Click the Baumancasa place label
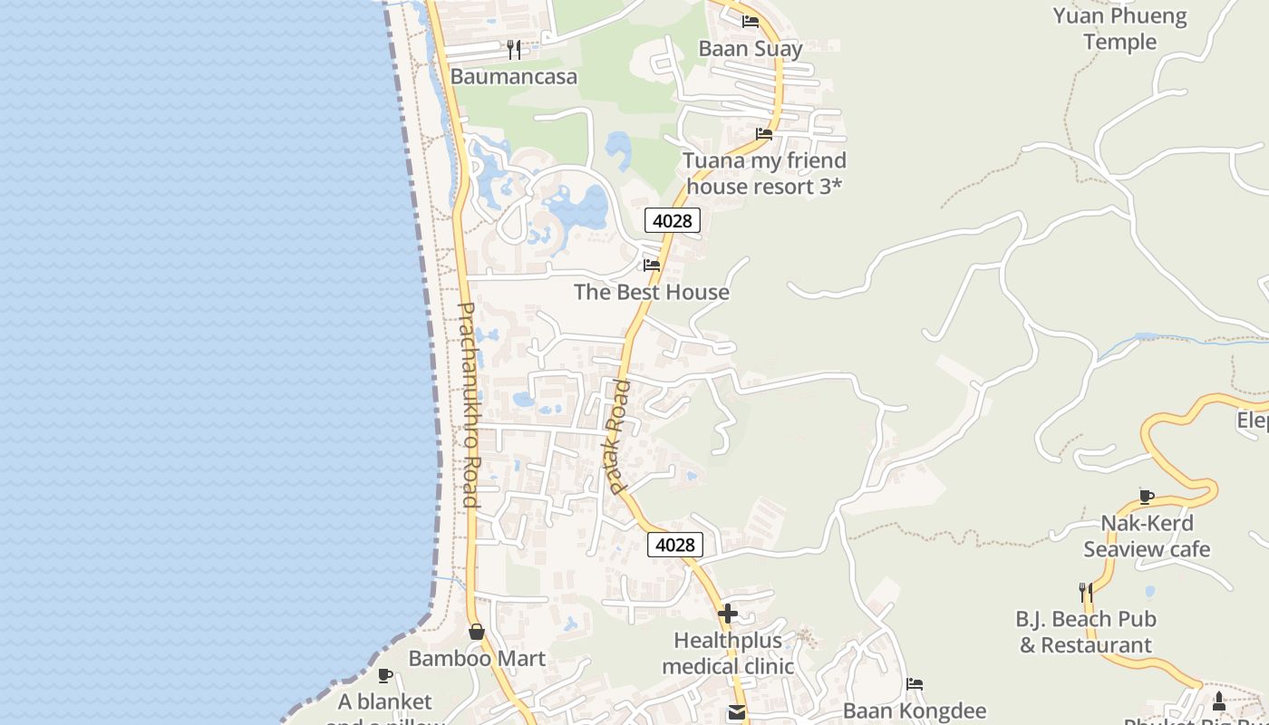click(513, 76)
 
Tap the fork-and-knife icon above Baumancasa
click(514, 49)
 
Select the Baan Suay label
click(751, 48)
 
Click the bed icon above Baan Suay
click(751, 22)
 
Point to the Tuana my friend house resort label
click(764, 173)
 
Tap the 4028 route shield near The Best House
click(673, 220)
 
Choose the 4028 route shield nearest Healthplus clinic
click(675, 545)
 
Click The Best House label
click(652, 292)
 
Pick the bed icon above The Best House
click(652, 266)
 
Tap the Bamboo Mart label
click(477, 659)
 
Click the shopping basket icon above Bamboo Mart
click(477, 632)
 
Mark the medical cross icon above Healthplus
click(728, 614)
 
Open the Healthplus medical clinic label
click(728, 653)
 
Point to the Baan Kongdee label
click(915, 710)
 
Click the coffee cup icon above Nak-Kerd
click(1147, 497)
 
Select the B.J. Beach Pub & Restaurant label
click(1086, 633)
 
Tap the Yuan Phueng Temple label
click(1119, 29)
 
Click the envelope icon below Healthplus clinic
click(737, 713)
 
